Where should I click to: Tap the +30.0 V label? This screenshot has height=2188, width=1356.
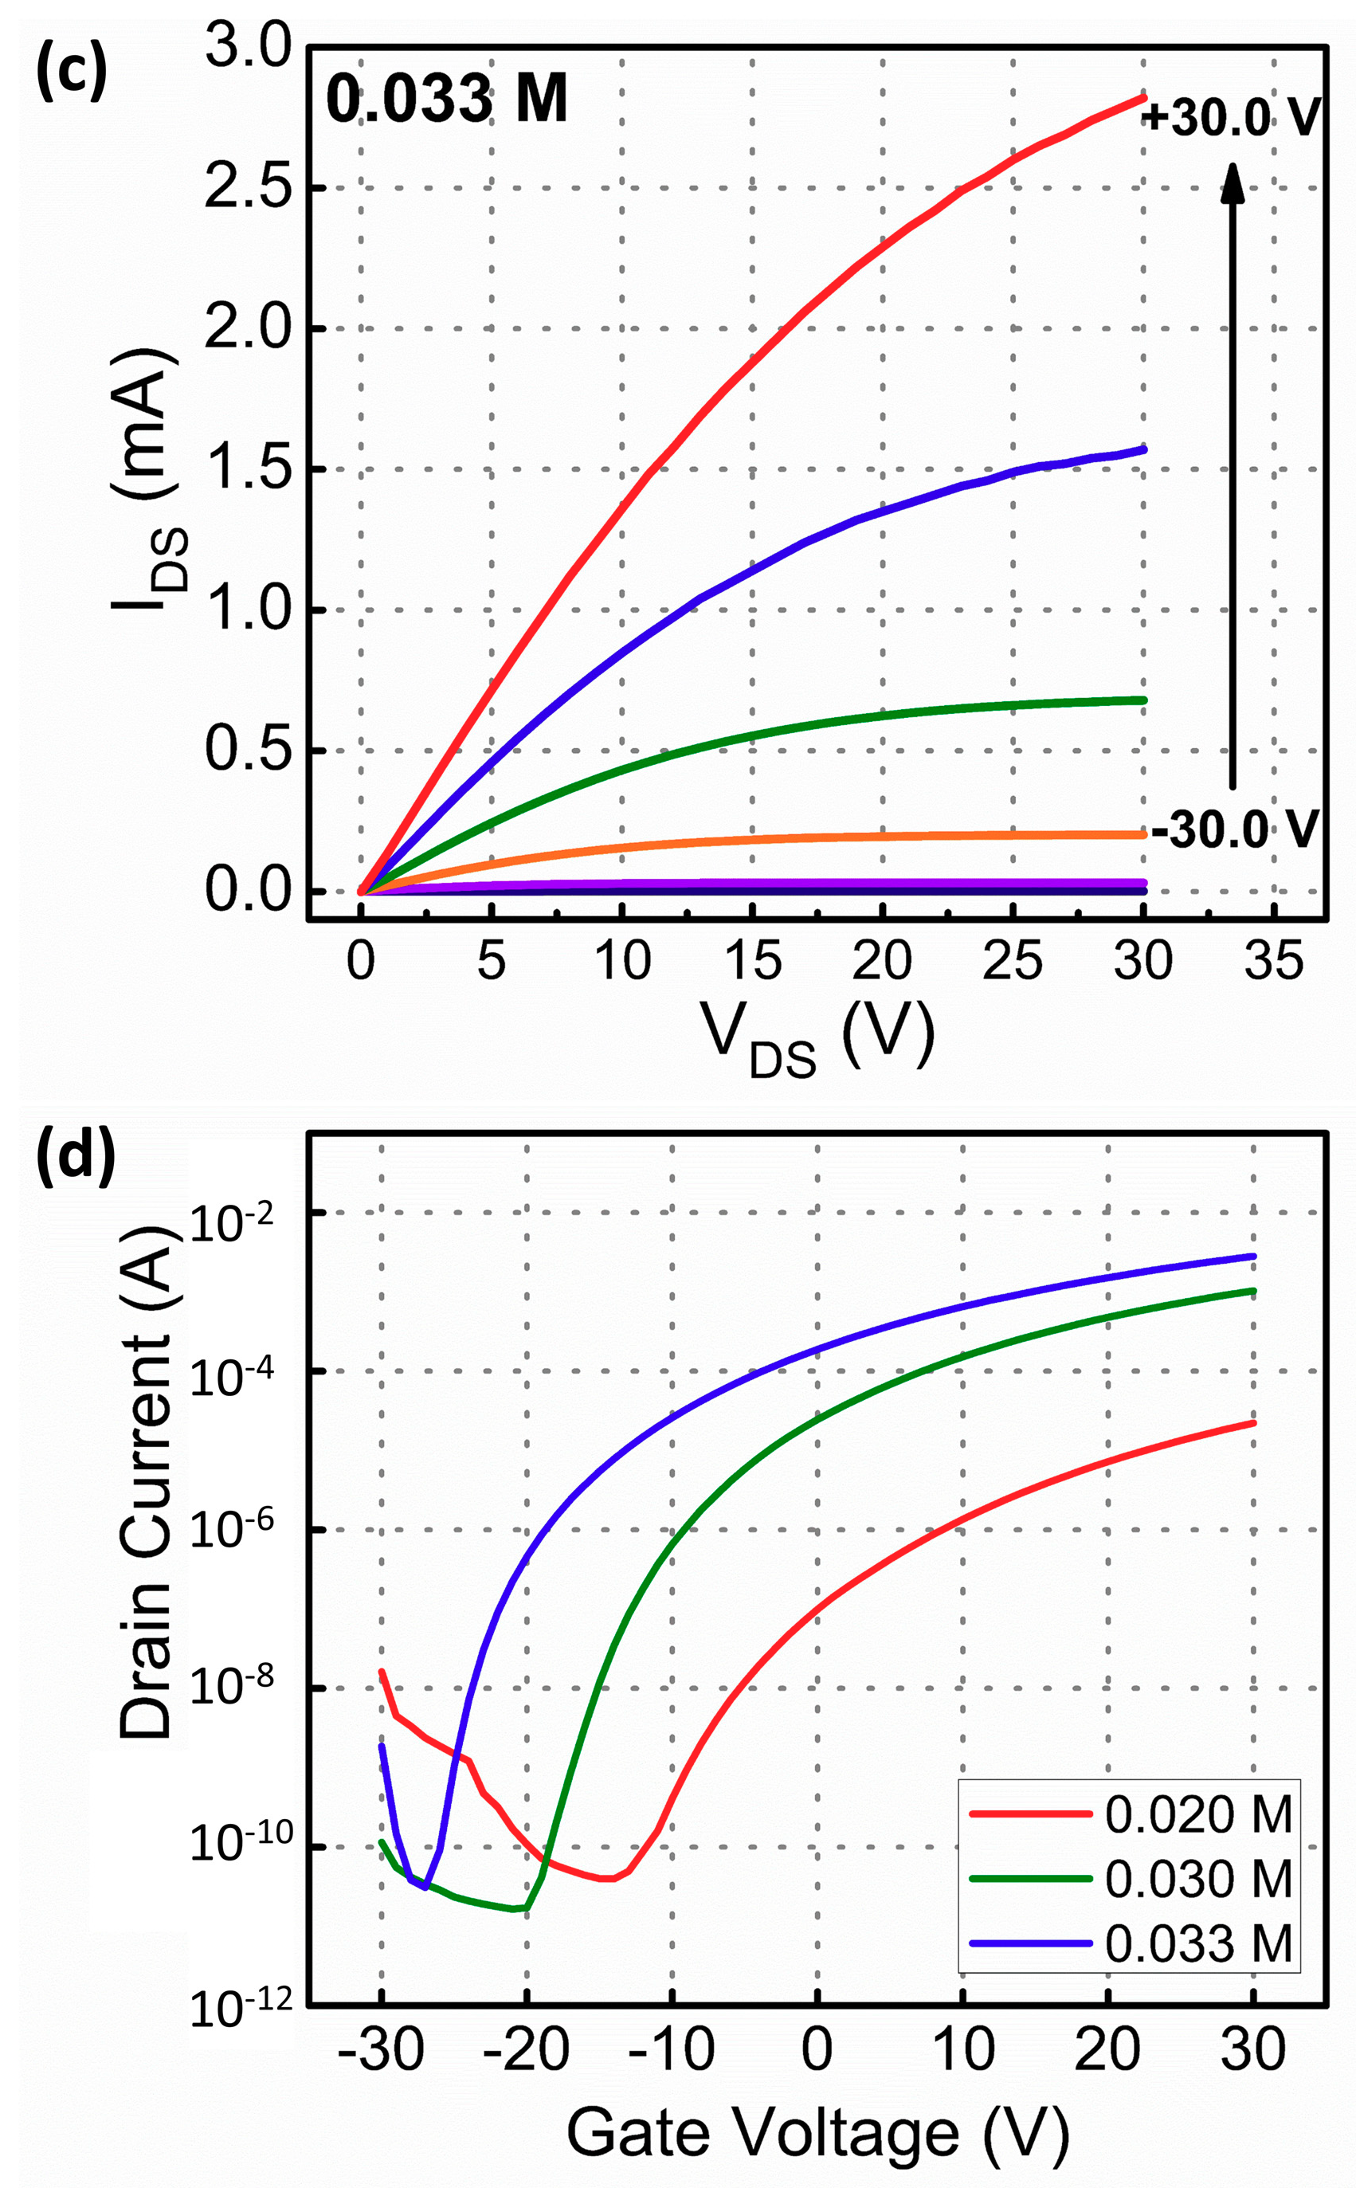(x=1230, y=117)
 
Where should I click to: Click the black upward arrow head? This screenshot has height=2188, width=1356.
(x=1233, y=183)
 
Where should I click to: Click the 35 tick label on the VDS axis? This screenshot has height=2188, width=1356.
(x=1273, y=961)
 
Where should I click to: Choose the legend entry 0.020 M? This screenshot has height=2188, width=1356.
(x=1198, y=1814)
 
